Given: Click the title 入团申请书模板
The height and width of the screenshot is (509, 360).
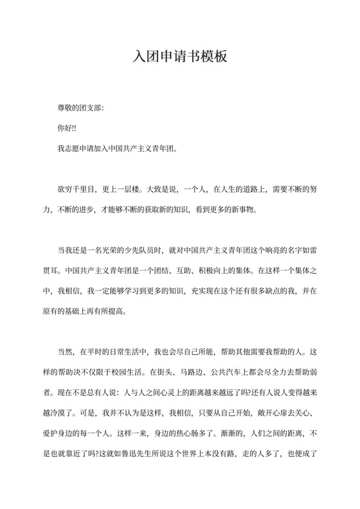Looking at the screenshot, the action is tap(180, 56).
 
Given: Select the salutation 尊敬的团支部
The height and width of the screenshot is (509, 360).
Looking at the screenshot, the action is tap(79, 107).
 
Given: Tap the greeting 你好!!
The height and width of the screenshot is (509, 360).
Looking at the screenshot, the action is tap(67, 128).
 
